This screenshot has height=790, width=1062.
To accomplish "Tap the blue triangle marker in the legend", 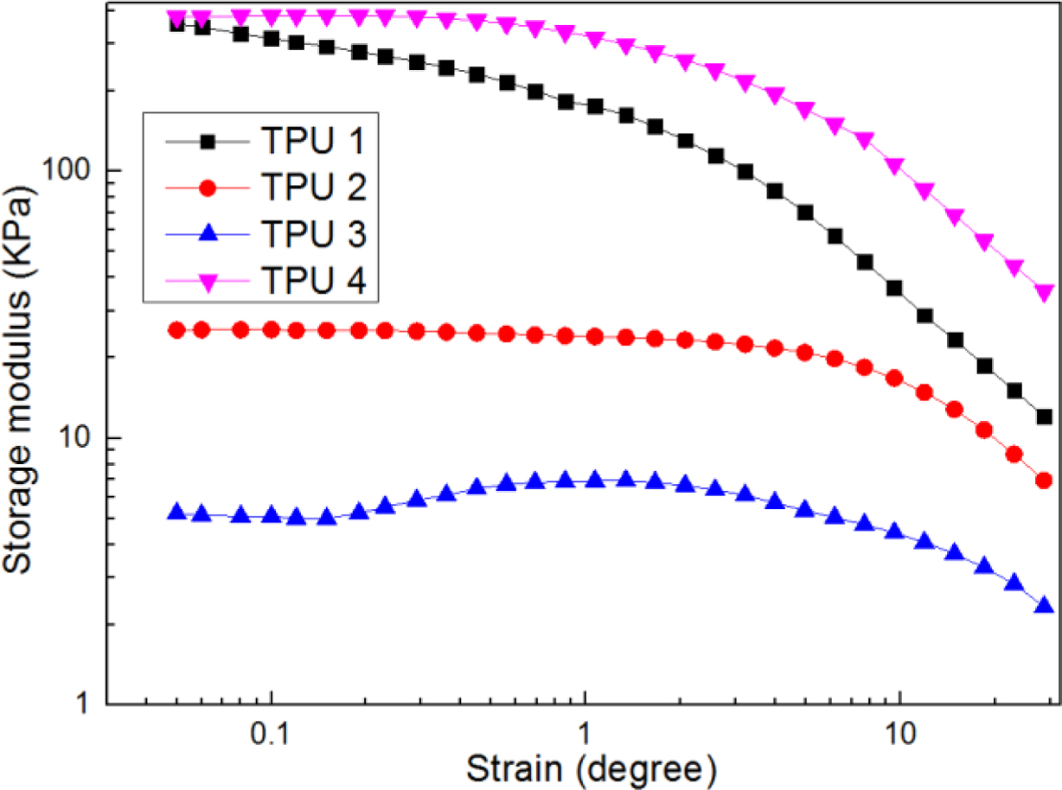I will pos(207,233).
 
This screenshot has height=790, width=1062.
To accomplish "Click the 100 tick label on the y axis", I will pos(74,170).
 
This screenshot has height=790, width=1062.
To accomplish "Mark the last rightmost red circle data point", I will pos(1044,480).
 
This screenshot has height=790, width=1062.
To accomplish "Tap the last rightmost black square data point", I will pos(1044,417).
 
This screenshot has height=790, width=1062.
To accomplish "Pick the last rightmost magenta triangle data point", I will pos(1044,293).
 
